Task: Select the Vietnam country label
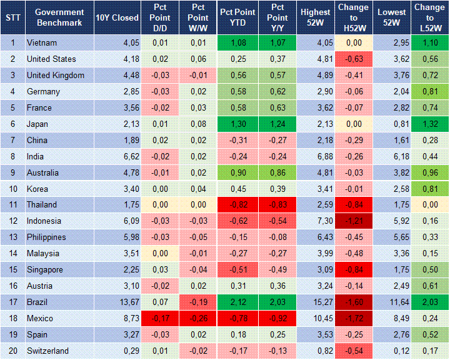pyautogui.click(x=42, y=43)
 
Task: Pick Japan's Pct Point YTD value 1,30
pyautogui.click(x=237, y=124)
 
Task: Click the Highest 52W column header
pyautogui.click(x=315, y=17)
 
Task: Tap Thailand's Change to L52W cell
pyautogui.click(x=429, y=205)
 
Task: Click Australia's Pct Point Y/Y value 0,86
pyautogui.click(x=277, y=172)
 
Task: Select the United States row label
pyautogui.click(x=51, y=59)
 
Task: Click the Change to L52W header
pyautogui.click(x=429, y=17)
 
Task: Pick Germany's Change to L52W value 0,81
pyautogui.click(x=429, y=92)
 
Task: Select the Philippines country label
pyautogui.click(x=46, y=237)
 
